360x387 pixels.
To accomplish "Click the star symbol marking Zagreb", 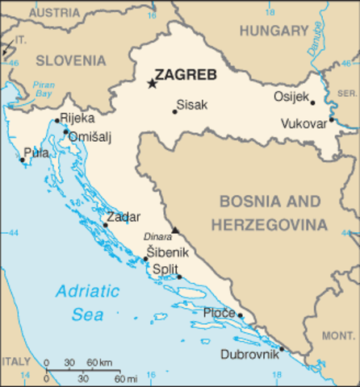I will pos(151,82).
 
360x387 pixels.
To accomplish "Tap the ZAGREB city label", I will pos(186,75).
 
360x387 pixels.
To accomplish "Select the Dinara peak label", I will pos(158,237).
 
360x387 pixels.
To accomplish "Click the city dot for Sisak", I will pos(174,111).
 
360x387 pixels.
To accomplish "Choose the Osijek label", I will pos(291,97).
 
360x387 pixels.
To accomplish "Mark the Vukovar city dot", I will pos(331,119).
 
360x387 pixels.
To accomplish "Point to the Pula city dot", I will pos(22,160).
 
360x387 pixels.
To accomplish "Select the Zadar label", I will pos(123,217).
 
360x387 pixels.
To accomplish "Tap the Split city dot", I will pos(179,277).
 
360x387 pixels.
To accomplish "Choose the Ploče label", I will pos(219,313).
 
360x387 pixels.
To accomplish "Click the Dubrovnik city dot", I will pos(281,349).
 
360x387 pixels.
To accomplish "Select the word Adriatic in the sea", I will pos(87,292).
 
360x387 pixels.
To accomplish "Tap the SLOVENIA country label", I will pos(70,60).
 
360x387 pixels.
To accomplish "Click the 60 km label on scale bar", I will pos(98,362).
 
